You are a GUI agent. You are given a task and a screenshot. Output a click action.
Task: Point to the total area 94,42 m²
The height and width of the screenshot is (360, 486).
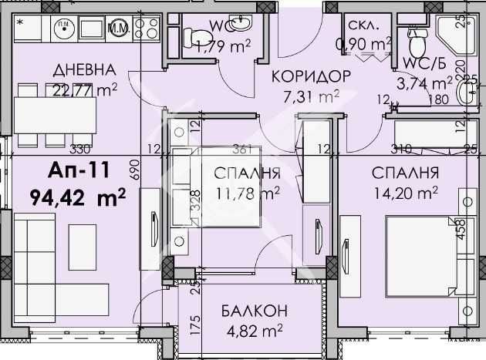tap(79, 198)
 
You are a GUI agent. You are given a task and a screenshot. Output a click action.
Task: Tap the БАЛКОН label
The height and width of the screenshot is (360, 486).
tap(251, 311)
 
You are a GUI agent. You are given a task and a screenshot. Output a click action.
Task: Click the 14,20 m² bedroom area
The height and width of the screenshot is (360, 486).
tap(404, 192)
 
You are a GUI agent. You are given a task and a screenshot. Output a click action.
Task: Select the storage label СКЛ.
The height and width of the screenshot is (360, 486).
tap(363, 25)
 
